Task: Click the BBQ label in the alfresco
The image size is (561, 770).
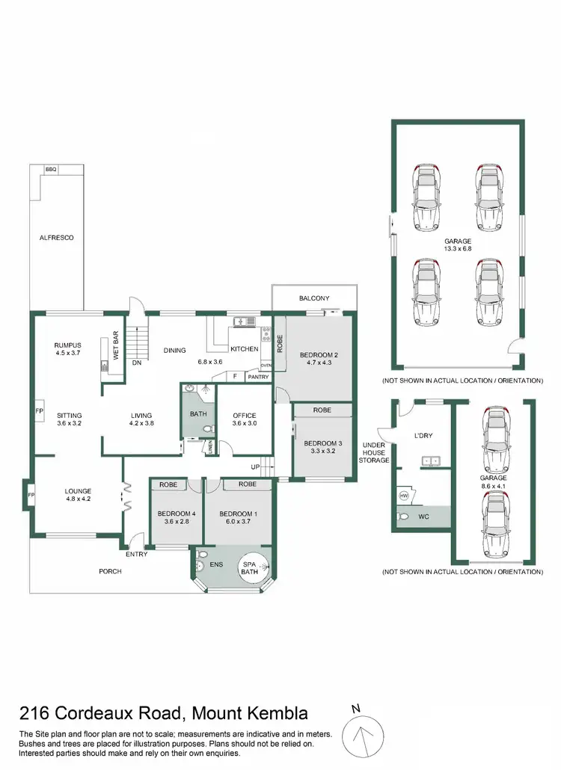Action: (51, 170)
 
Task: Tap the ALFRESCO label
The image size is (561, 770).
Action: (57, 237)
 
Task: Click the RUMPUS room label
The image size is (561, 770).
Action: (67, 345)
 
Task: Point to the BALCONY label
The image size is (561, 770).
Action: (314, 298)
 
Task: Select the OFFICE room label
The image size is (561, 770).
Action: (245, 416)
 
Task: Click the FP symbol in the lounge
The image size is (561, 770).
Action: (31, 495)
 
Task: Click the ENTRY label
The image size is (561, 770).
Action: (136, 554)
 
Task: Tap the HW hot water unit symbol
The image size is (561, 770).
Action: (403, 495)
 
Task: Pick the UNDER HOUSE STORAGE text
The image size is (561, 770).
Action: (375, 452)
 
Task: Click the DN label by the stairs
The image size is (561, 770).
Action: (137, 363)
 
